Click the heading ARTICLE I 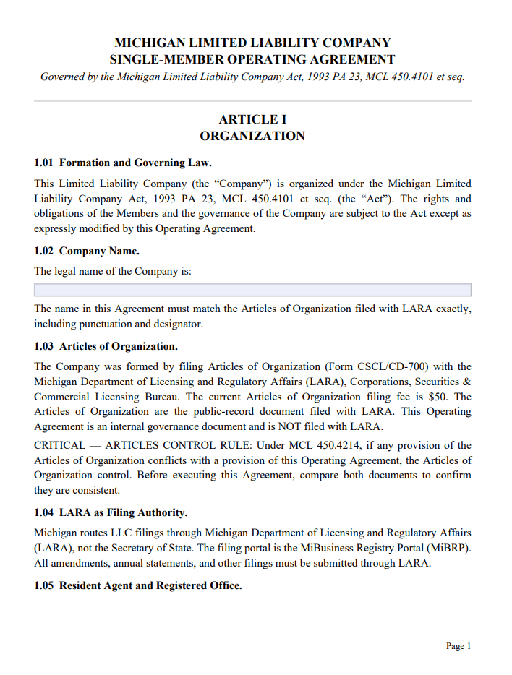(252, 119)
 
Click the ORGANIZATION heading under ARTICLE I (252, 136)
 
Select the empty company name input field (252, 290)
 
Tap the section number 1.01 (44, 163)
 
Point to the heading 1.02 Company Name (87, 251)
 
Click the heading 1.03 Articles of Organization (106, 346)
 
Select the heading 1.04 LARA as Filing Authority (111, 513)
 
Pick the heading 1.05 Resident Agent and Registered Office (137, 585)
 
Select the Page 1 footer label (458, 646)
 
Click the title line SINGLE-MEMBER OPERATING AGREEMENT (252, 60)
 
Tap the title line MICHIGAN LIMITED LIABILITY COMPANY (252, 43)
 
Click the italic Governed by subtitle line (252, 77)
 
